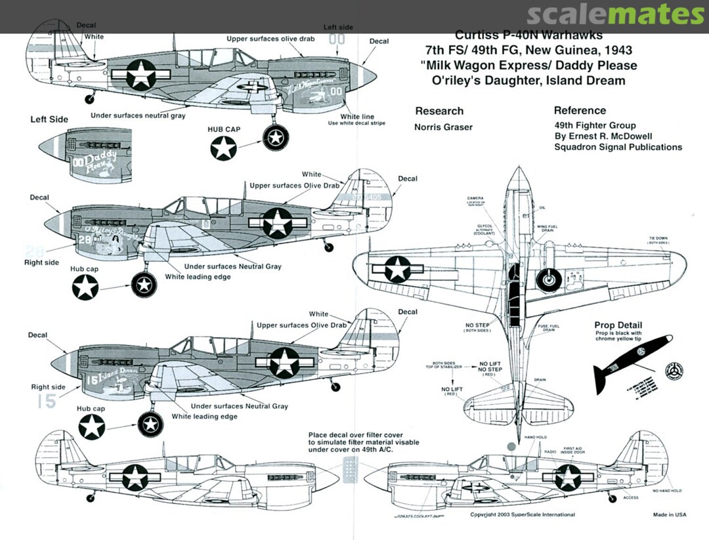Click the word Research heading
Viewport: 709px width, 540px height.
[x=439, y=111]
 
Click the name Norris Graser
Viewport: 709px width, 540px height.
[x=443, y=127]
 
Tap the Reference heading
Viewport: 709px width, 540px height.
[x=580, y=110]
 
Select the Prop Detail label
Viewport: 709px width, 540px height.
[x=618, y=325]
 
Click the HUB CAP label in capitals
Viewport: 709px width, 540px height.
[x=223, y=129]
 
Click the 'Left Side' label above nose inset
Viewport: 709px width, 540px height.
[x=49, y=120]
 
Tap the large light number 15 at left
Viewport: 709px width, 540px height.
[x=46, y=402]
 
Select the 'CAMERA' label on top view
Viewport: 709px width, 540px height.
[x=476, y=197]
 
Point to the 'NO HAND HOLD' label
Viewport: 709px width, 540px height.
[x=667, y=491]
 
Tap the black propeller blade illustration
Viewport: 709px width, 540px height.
[x=630, y=361]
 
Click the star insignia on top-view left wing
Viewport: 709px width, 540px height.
[x=397, y=269]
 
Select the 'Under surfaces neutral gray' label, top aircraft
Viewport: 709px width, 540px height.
[x=138, y=115]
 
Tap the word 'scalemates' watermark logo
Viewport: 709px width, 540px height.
[x=615, y=15]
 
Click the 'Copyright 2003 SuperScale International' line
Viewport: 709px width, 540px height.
[x=523, y=514]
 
